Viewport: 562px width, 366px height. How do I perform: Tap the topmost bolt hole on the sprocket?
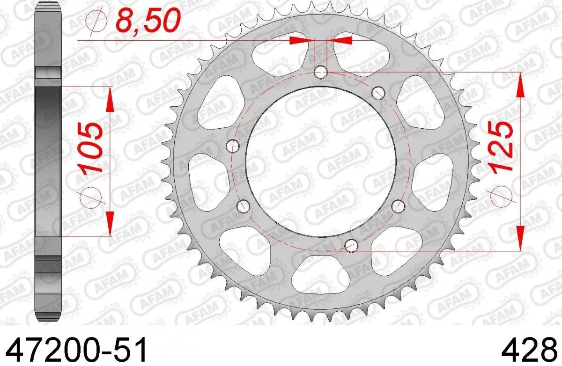(320, 72)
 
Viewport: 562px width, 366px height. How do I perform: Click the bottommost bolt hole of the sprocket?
(350, 244)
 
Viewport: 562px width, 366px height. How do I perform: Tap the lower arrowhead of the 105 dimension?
(111, 224)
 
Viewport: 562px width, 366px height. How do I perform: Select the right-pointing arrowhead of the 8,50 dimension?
(300, 41)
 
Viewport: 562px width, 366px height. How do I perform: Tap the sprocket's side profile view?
(48, 161)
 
